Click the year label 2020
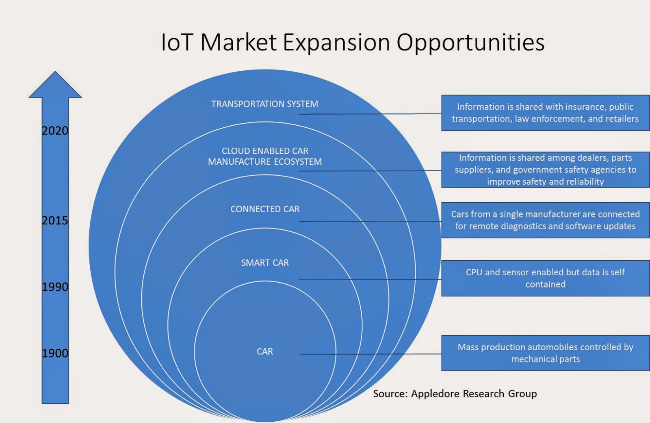click(x=55, y=131)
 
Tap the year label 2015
click(x=55, y=220)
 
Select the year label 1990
click(x=55, y=287)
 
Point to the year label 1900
click(x=55, y=353)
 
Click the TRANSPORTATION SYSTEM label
click(x=264, y=104)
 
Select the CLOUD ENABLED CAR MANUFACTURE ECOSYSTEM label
click(x=265, y=156)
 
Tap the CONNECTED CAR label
click(x=265, y=209)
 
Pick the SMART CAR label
click(x=265, y=263)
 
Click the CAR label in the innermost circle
click(x=265, y=351)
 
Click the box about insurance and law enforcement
click(x=545, y=113)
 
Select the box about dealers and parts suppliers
click(x=545, y=170)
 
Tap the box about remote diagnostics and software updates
click(x=545, y=220)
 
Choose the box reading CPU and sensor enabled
click(x=545, y=278)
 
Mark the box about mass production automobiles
click(x=545, y=353)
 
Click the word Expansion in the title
click(x=336, y=42)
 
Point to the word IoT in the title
click(x=176, y=42)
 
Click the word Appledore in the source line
click(x=435, y=394)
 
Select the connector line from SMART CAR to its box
click(x=370, y=279)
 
